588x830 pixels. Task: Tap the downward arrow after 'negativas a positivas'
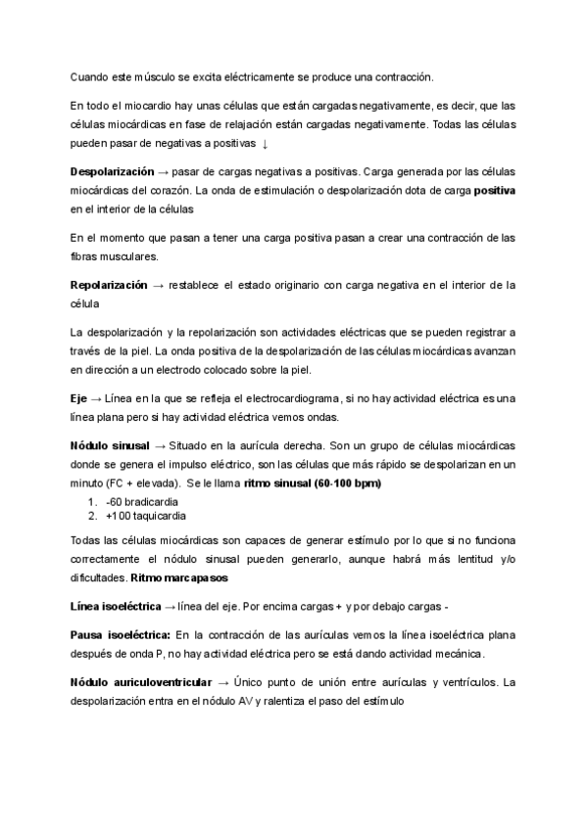pos(266,144)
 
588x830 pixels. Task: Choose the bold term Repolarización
pos(108,285)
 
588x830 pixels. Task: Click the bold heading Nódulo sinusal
pos(109,445)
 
